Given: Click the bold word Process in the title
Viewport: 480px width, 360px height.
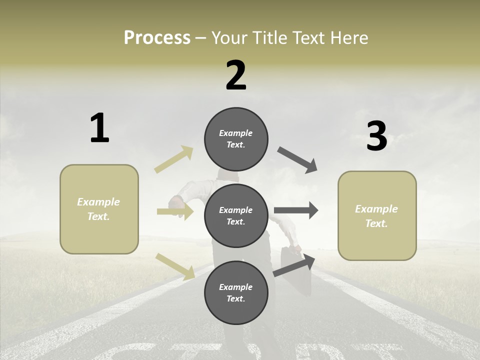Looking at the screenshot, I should pyautogui.click(x=157, y=38).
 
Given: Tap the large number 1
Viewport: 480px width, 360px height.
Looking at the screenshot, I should pyautogui.click(x=99, y=128).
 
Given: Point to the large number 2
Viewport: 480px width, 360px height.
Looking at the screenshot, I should pyautogui.click(x=236, y=75).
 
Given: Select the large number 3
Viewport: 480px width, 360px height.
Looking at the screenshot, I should pyautogui.click(x=377, y=136).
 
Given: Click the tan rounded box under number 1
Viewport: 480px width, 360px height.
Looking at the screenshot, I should pyautogui.click(x=99, y=209).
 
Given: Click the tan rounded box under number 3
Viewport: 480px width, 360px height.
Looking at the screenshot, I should pyautogui.click(x=377, y=215).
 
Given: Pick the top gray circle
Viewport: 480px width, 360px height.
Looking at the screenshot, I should pyautogui.click(x=236, y=139).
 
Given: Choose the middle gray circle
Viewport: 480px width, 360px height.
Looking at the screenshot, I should pyautogui.click(x=236, y=215).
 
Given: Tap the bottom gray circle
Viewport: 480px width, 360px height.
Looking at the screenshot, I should pyautogui.click(x=236, y=292).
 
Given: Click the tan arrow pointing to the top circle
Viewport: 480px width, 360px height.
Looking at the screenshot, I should pyautogui.click(x=174, y=159).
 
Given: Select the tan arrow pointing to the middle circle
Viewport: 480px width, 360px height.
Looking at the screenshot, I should pyautogui.click(x=175, y=212).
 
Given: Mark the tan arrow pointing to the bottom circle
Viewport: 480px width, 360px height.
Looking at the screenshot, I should pyautogui.click(x=175, y=266).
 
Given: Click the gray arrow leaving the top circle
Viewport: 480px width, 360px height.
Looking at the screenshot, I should pyautogui.click(x=297, y=160).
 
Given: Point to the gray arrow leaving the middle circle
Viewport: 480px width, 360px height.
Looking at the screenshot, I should pyautogui.click(x=296, y=210).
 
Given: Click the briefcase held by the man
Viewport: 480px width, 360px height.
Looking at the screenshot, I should pyautogui.click(x=292, y=265).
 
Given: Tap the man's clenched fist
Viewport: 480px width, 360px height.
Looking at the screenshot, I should pyautogui.click(x=176, y=202).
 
